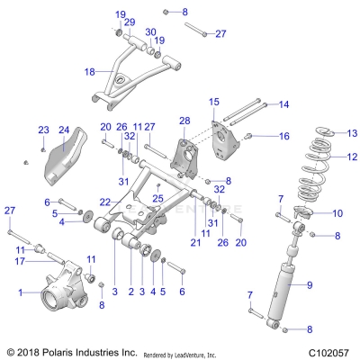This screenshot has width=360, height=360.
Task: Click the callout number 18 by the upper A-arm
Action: [89, 71]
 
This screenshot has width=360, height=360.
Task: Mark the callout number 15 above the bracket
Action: [214, 102]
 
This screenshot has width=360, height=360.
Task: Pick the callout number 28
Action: [184, 121]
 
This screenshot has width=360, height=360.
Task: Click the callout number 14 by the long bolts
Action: [284, 104]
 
